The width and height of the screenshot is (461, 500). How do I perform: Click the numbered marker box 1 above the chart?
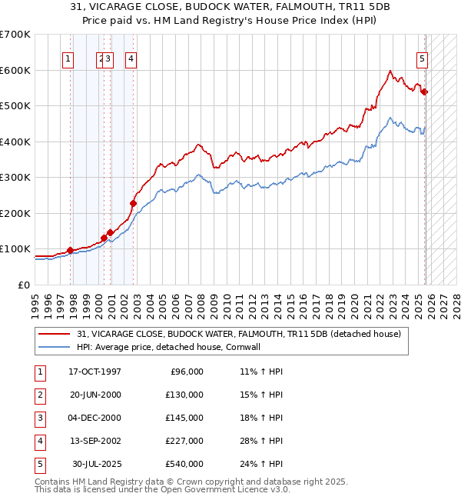click(68, 58)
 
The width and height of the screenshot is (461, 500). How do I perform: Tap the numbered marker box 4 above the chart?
click(131, 58)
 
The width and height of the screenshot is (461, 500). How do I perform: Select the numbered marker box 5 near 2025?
click(423, 58)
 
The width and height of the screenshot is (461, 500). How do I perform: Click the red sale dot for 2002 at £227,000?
click(133, 204)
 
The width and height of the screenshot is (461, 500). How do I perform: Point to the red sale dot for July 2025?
click(425, 92)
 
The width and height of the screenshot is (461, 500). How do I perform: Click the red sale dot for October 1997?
click(71, 250)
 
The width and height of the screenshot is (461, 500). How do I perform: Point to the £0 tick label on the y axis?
click(23, 285)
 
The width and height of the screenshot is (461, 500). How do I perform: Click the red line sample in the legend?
click(55, 335)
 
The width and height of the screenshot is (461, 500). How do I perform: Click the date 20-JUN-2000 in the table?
click(95, 395)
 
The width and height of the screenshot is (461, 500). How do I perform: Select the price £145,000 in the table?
click(184, 418)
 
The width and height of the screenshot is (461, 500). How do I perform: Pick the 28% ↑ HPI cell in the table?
click(261, 441)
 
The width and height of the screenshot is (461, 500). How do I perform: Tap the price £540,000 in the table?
click(184, 464)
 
